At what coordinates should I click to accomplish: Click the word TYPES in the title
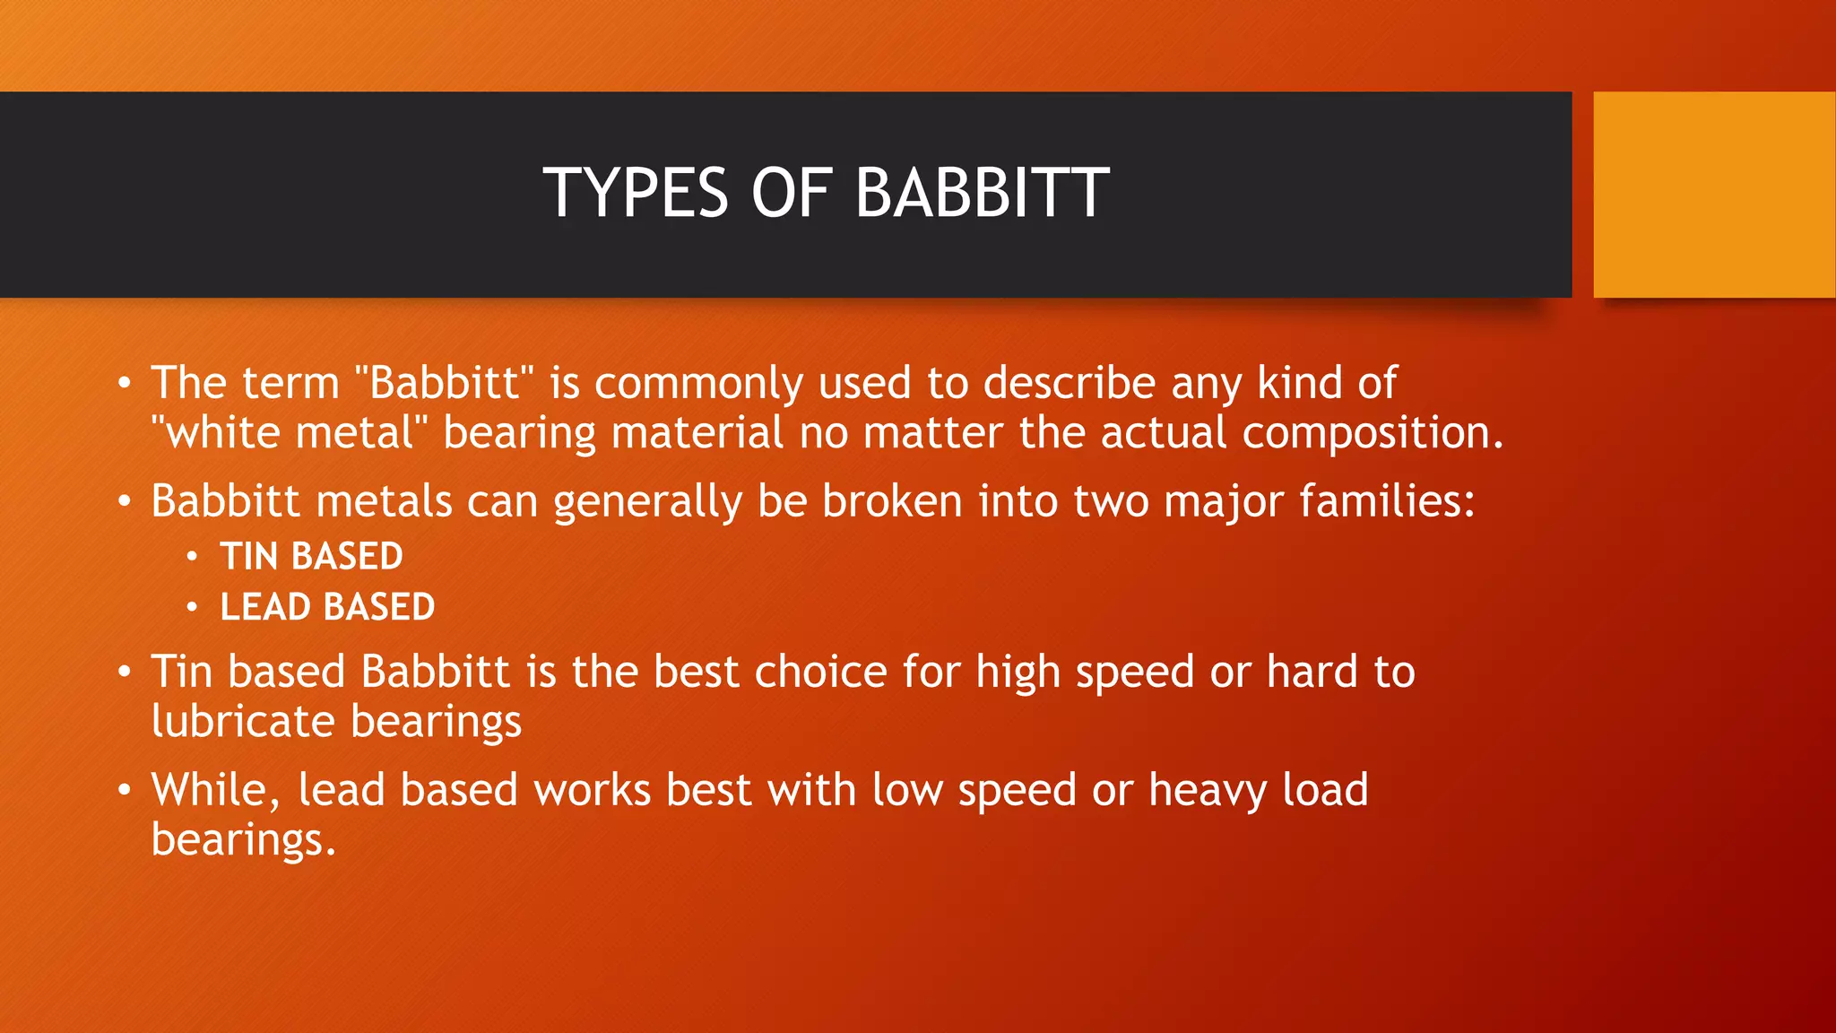tap(635, 193)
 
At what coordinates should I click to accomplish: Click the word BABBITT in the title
tap(982, 193)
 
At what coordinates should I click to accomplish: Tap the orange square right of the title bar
tap(1713, 195)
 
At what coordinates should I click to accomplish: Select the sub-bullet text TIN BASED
tap(311, 557)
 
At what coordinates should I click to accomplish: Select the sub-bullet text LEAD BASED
tap(327, 607)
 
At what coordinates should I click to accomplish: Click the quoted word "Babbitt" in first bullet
tap(444, 383)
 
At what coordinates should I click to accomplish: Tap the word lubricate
tap(242, 722)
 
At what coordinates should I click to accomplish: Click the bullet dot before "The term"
tap(125, 385)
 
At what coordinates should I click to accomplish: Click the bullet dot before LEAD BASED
tap(192, 608)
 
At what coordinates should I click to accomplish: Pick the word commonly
tap(698, 385)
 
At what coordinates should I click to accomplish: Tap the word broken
tap(892, 501)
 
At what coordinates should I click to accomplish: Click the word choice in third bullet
tap(820, 673)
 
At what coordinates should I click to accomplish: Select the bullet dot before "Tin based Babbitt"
tap(125, 673)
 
